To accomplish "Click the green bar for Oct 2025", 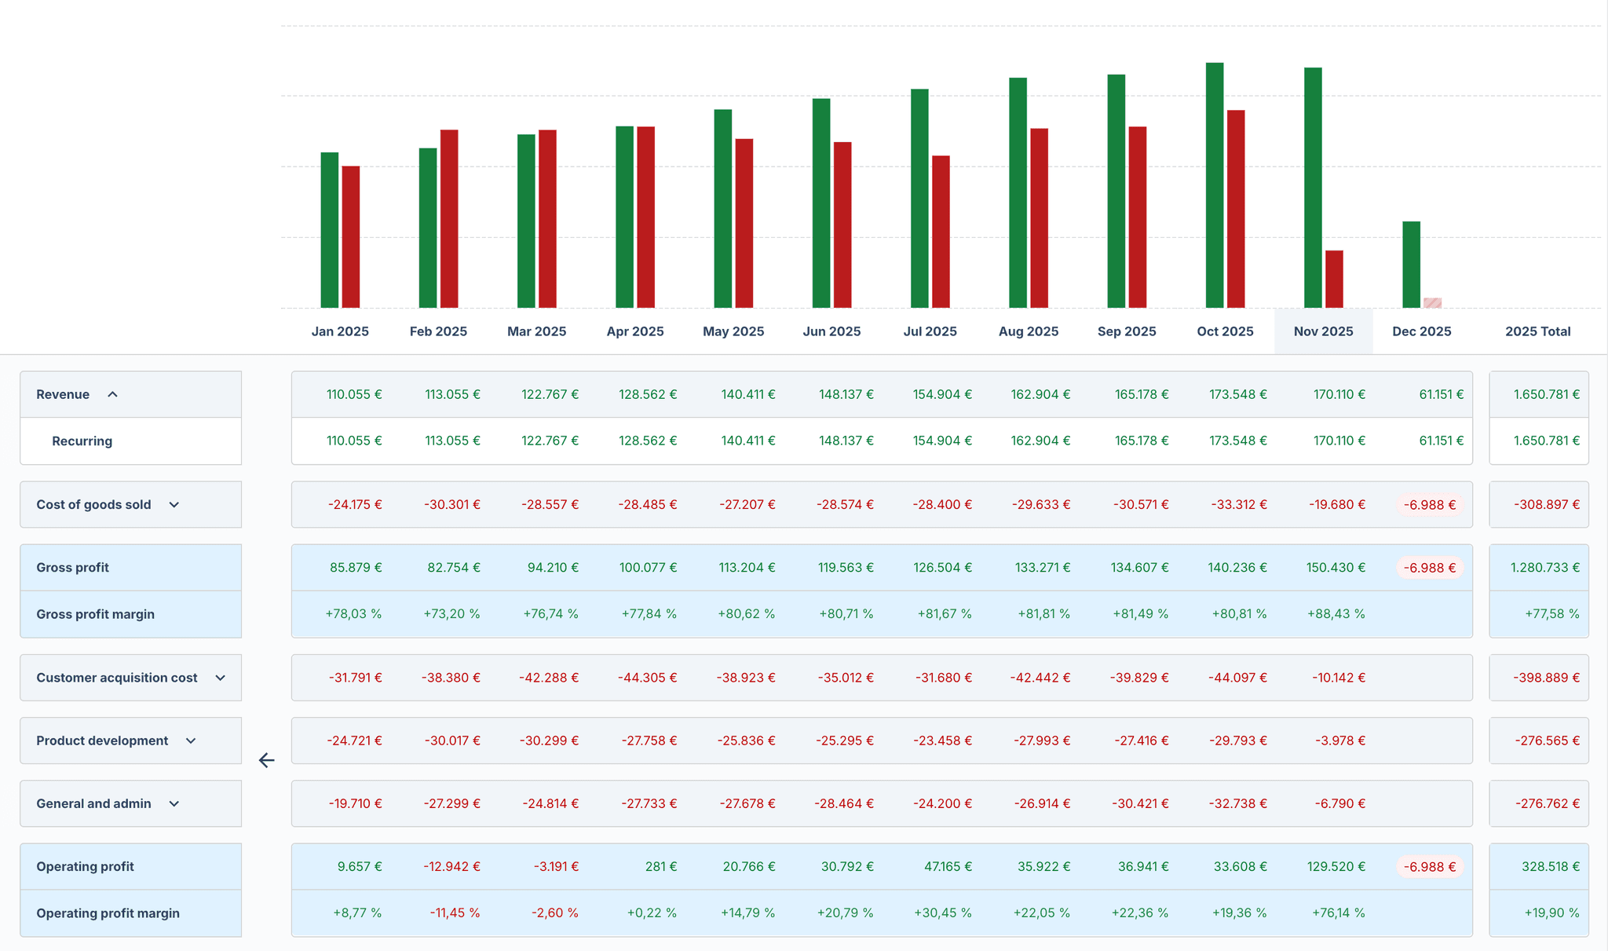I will coord(1214,185).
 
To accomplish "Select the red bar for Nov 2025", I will coord(1334,279).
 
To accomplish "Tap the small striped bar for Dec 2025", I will coord(1432,303).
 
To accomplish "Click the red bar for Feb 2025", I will coord(449,218).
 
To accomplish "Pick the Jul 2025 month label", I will coord(930,331).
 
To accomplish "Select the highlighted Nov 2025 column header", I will coord(1323,331).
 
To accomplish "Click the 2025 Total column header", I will coord(1537,331).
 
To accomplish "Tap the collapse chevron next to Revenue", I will coord(112,394).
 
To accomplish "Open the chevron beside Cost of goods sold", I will coord(174,505).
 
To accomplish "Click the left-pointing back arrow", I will coord(267,760).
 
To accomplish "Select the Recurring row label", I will coord(82,441).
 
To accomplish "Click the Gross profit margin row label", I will coord(95,614).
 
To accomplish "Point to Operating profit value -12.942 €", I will coord(451,867).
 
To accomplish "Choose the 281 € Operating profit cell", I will coord(660,867).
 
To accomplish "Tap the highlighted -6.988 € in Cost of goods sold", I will coord(1430,505).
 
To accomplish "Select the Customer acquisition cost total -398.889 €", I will coord(1544,678).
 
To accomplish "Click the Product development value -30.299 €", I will coord(549,741).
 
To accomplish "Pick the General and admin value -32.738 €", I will coord(1237,803).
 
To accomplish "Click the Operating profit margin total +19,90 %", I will coord(1551,913).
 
